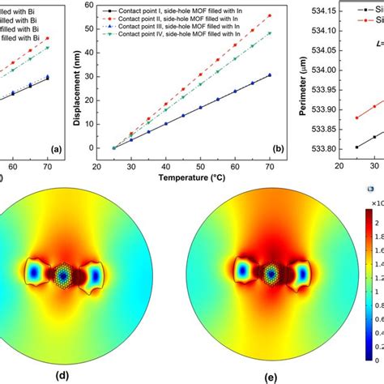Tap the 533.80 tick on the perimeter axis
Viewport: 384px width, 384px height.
[x=322, y=148]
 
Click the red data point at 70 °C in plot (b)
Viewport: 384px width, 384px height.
[x=269, y=16]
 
